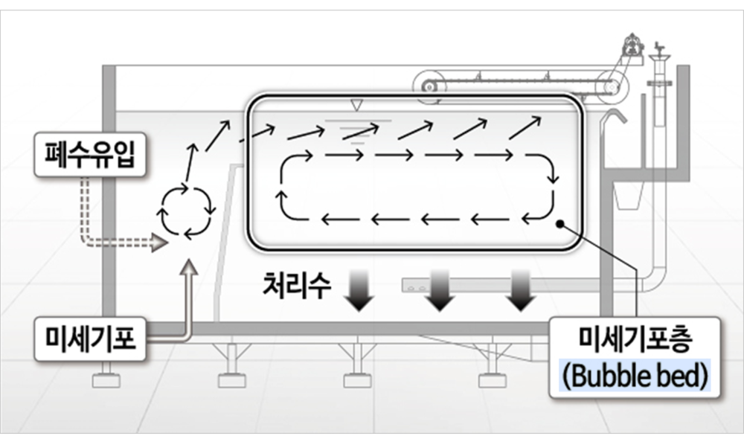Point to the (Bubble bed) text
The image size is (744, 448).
[634, 377]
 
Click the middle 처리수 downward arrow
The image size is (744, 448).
[440, 290]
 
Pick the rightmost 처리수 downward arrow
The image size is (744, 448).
[519, 290]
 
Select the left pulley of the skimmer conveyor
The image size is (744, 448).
[429, 86]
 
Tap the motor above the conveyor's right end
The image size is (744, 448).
[632, 45]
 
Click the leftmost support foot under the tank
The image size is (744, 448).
[106, 380]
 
